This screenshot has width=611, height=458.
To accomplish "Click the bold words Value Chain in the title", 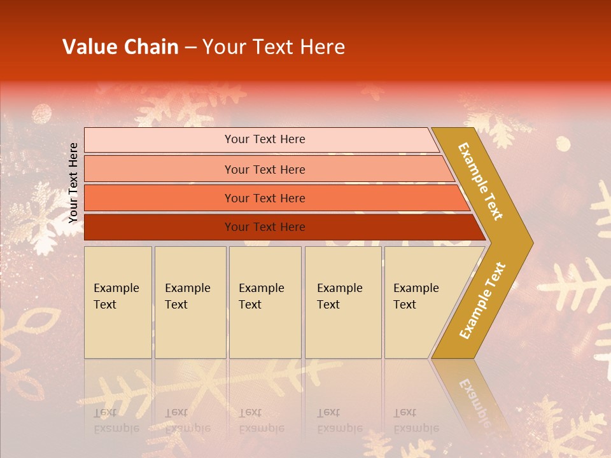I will [x=120, y=47].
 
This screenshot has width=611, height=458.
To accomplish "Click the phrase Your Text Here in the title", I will [x=274, y=47].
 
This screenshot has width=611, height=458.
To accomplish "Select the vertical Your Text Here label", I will [x=73, y=183].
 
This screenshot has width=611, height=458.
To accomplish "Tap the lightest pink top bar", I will [x=159, y=140].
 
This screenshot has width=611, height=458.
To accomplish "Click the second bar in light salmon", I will [x=159, y=169].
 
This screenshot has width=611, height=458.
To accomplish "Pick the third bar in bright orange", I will [x=159, y=198].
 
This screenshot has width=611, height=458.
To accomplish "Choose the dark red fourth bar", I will [x=159, y=227].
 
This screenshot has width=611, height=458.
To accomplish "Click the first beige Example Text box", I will [x=118, y=302].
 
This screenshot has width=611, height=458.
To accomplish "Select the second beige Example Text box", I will [x=190, y=302].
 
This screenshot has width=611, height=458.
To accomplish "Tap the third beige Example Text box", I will [x=265, y=302].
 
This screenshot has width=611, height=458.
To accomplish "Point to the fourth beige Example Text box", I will [x=343, y=302].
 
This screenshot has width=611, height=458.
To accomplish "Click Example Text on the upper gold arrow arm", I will [x=481, y=181].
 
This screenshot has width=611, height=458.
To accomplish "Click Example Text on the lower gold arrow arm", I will [x=482, y=301].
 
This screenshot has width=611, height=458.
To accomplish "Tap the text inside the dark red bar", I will [x=265, y=227].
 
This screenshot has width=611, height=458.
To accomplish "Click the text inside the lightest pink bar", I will [x=265, y=139].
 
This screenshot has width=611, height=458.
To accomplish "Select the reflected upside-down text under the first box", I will [x=116, y=420].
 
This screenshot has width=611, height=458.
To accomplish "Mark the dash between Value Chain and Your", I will [x=190, y=48].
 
